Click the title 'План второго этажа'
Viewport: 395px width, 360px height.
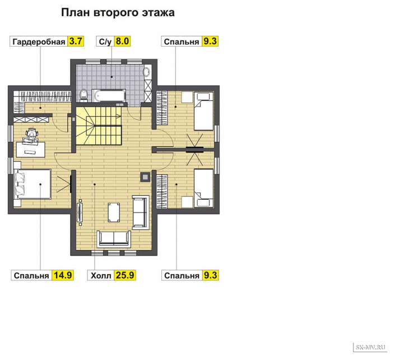118,12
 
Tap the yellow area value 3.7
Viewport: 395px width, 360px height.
76,41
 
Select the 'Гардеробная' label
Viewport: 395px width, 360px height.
39,41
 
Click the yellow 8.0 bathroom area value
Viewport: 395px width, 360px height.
122,41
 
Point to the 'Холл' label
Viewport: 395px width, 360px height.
101,275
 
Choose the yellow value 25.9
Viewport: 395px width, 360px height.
125,275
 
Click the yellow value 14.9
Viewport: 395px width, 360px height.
63,275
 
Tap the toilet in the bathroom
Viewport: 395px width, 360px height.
83,95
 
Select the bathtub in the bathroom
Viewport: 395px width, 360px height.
109,95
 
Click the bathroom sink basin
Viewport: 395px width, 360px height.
147,72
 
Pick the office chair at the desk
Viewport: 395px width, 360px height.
32,136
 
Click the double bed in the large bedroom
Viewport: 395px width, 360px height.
33,184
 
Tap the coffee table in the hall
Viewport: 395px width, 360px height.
114,213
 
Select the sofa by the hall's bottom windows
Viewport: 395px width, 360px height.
114,239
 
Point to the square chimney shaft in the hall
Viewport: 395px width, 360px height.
145,177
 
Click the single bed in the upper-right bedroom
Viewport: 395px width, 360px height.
203,111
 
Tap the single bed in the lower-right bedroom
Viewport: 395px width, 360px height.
203,188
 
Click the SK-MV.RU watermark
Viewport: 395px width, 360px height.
370,348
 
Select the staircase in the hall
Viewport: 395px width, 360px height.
99,126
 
